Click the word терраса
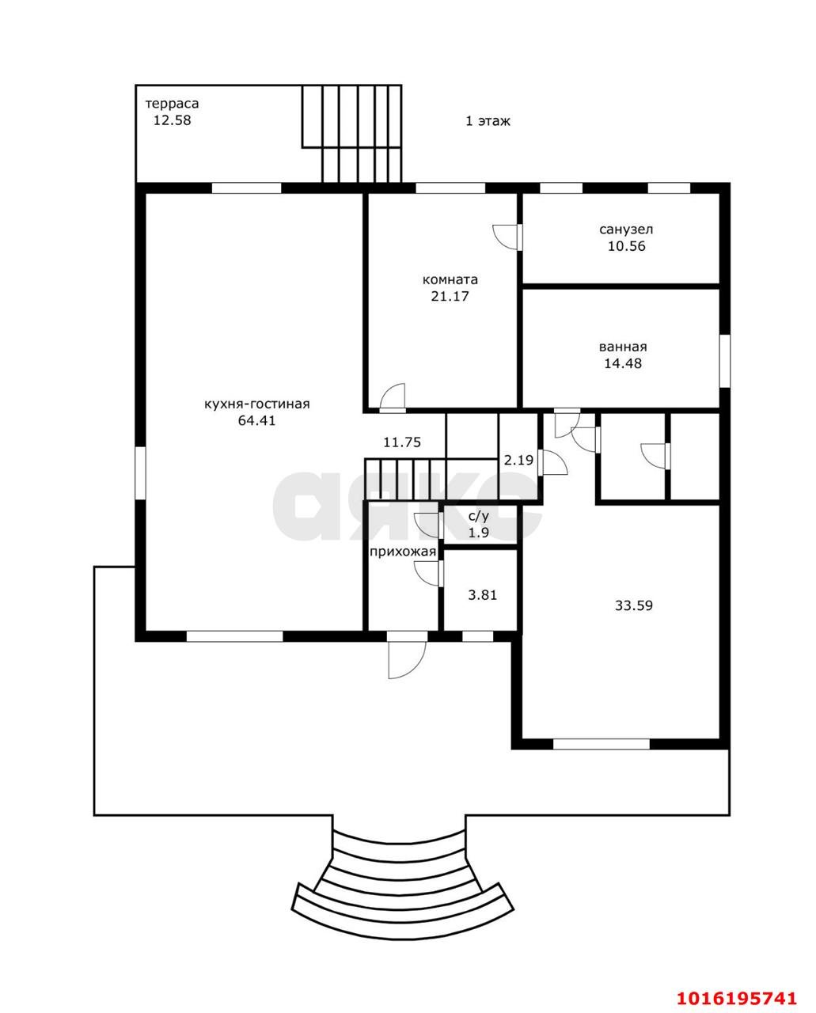point(172,104)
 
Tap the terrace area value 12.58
point(173,120)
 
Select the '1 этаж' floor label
point(488,121)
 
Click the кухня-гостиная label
point(257,404)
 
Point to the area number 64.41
point(257,420)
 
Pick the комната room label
point(450,279)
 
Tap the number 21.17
point(450,296)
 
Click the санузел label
point(626,230)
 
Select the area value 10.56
point(626,246)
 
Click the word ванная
point(623,347)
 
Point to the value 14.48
point(623,363)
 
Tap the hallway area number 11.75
point(402,442)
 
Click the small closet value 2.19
point(519,460)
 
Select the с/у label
point(478,516)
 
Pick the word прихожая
point(403,552)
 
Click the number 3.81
point(483,595)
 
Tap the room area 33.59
point(634,605)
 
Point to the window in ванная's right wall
point(725,361)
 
